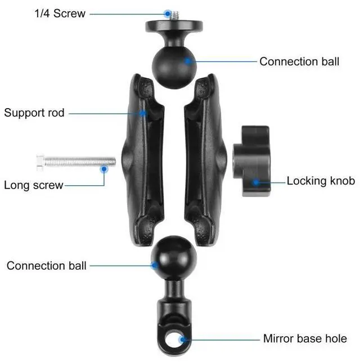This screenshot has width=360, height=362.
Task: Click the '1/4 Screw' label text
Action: point(59,12)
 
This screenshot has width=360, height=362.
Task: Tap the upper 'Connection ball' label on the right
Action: point(299,61)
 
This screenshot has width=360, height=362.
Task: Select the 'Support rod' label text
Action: point(34,112)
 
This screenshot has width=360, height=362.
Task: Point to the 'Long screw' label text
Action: point(34,185)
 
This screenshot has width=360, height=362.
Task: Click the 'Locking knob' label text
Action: point(321,181)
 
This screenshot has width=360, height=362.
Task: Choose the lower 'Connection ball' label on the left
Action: point(47,265)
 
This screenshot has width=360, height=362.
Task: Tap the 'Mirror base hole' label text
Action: point(305,338)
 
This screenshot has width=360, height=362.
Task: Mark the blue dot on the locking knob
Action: point(256,181)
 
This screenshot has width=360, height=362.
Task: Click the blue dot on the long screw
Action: point(103,168)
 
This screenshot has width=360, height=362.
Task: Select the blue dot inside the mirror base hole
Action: point(181,339)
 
